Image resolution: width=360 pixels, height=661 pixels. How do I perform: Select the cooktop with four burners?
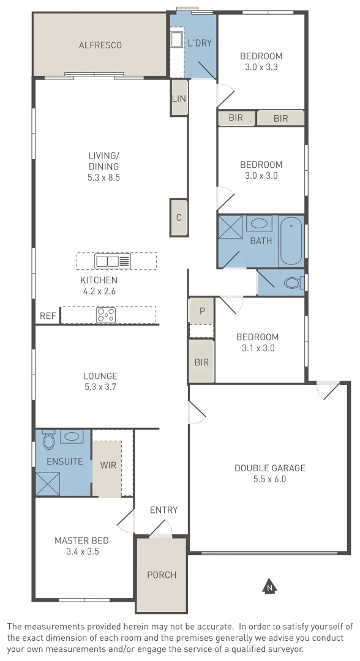(106, 315)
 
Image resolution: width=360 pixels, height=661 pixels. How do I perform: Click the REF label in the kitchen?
(47, 316)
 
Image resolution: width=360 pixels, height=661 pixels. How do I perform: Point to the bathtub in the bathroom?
(291, 241)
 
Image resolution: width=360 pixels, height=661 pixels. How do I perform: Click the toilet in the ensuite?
(49, 439)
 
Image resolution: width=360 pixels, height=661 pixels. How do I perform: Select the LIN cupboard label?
(179, 98)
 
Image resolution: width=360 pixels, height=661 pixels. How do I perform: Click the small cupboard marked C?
(178, 217)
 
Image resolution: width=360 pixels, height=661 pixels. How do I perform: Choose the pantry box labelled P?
(201, 311)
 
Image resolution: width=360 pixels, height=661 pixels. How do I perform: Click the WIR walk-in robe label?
(108, 465)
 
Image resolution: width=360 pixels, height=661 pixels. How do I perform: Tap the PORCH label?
(162, 575)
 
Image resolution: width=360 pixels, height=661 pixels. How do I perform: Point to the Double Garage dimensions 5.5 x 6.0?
(269, 479)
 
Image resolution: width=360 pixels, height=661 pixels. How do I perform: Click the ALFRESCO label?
(100, 45)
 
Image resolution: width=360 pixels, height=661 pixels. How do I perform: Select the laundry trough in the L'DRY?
(176, 40)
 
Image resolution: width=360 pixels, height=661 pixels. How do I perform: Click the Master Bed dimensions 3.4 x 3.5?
(81, 551)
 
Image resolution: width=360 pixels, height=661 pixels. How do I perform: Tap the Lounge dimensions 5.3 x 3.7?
(100, 387)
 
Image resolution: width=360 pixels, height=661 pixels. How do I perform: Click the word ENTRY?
(163, 510)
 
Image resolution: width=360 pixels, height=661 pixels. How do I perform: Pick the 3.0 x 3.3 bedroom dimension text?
(261, 67)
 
